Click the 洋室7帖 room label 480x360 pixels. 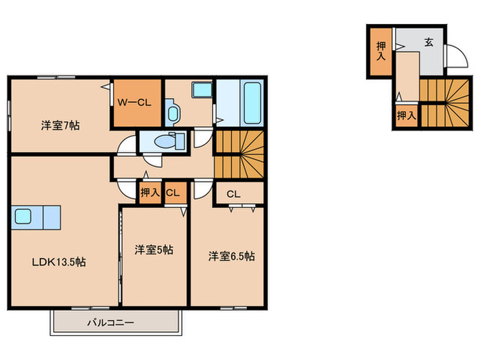[x=60, y=125]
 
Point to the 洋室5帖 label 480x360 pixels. [x=154, y=250]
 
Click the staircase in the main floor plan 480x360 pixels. [x=239, y=154]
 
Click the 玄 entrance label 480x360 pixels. [x=428, y=43]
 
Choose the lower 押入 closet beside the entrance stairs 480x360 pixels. [x=406, y=115]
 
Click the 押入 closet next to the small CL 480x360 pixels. [x=149, y=193]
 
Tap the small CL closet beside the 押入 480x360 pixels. [x=172, y=193]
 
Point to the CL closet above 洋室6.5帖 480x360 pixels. [x=233, y=193]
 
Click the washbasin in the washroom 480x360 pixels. [x=171, y=112]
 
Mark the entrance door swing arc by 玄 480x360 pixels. [x=453, y=57]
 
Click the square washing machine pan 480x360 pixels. [x=203, y=91]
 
